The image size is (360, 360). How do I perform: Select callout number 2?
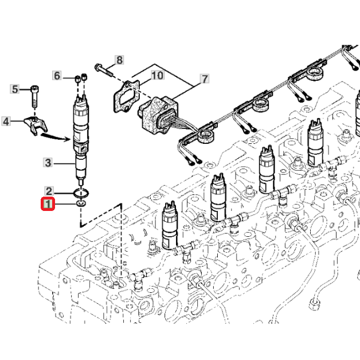point(49,191)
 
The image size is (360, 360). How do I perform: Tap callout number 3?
point(49,163)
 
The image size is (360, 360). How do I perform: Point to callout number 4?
point(6,121)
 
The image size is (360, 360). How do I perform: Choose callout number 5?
point(17,89)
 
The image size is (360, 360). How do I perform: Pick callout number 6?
point(57,75)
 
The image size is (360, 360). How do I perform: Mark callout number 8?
point(119,60)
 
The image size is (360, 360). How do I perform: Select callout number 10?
point(156,75)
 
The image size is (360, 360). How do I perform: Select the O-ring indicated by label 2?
point(80,191)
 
